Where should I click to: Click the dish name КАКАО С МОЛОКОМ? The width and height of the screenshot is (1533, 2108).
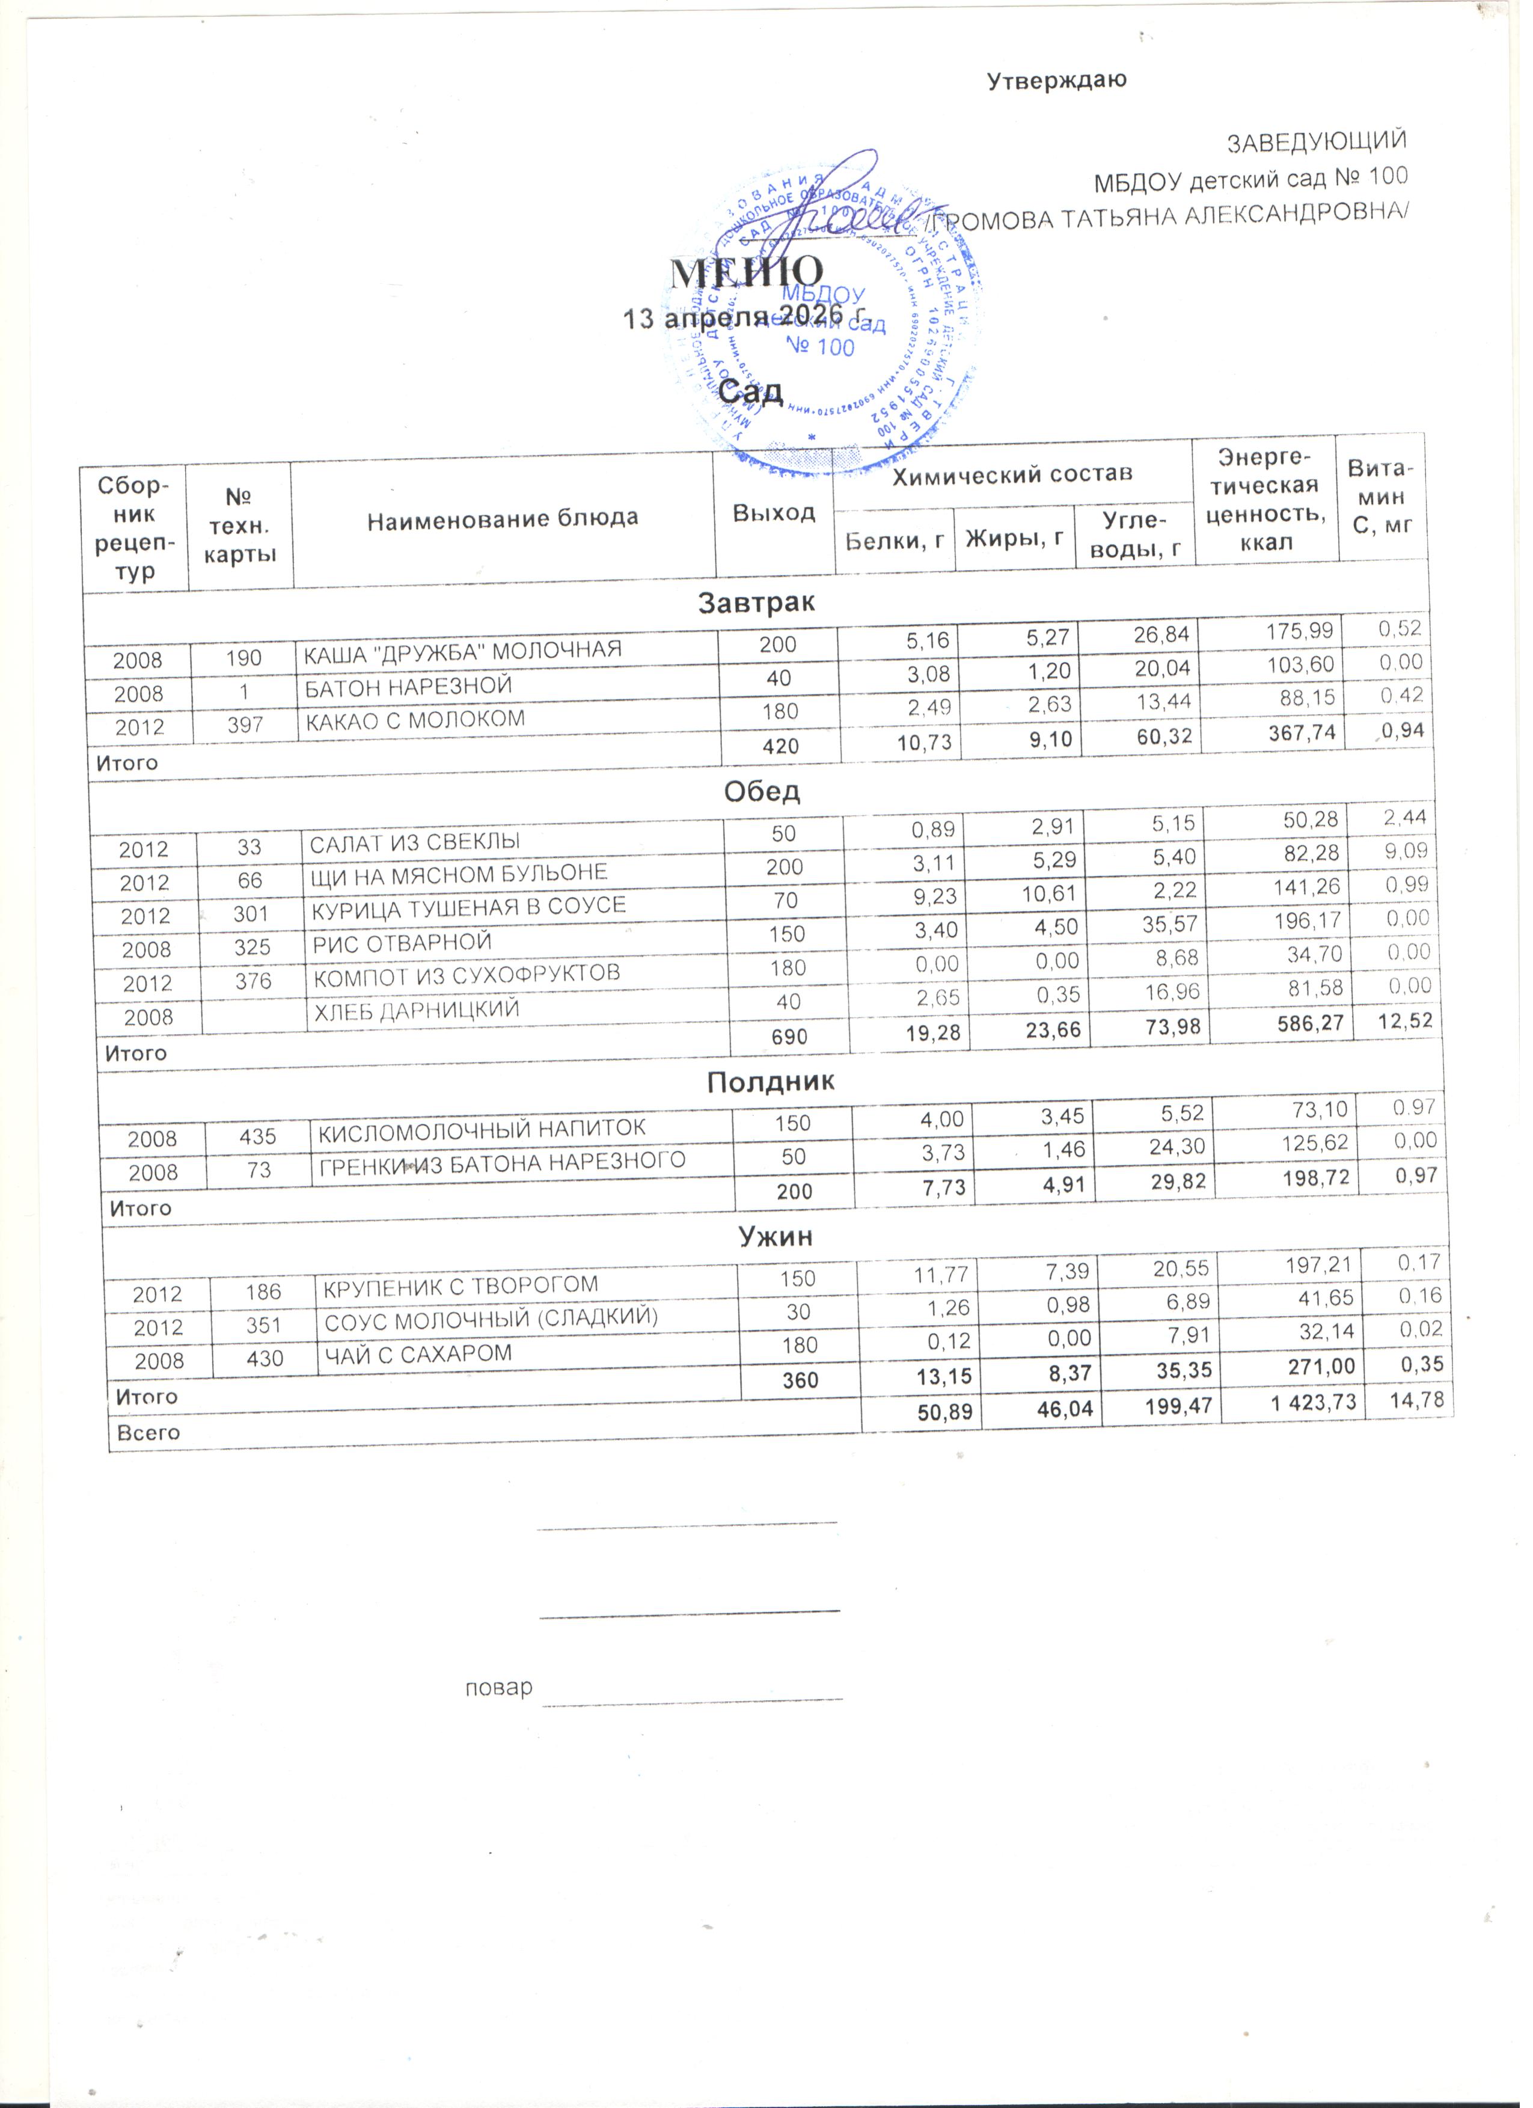pos(414,720)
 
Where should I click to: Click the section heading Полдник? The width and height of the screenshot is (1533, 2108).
pos(770,1081)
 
